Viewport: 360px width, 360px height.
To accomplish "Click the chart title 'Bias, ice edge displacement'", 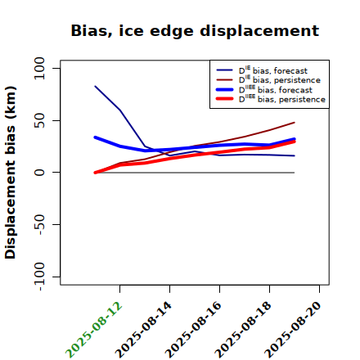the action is pyautogui.click(x=195, y=31).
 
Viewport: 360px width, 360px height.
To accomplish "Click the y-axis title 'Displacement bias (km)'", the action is pyautogui.click(x=11, y=173).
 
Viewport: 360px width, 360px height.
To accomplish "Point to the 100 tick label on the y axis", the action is pyautogui.click(x=39, y=68).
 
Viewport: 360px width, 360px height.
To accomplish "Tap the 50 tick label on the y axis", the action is pyautogui.click(x=39, y=120).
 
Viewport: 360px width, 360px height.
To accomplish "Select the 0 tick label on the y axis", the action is pyautogui.click(x=39, y=173).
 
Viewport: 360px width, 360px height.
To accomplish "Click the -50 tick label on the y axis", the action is pyautogui.click(x=39, y=224).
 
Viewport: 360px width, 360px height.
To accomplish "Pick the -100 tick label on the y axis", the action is pyautogui.click(x=39, y=277).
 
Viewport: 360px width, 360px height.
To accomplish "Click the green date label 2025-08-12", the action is pyautogui.click(x=94, y=330).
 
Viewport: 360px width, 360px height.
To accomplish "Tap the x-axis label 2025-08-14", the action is pyautogui.click(x=143, y=330).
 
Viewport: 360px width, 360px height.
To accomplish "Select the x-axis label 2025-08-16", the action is pyautogui.click(x=193, y=330).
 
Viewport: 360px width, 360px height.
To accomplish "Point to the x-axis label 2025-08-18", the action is pyautogui.click(x=243, y=330).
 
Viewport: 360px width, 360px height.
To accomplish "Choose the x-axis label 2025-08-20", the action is pyautogui.click(x=293, y=330).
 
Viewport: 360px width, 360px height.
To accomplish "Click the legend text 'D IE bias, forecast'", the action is pyautogui.click(x=273, y=70).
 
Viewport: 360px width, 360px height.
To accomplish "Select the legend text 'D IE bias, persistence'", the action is pyautogui.click(x=280, y=79).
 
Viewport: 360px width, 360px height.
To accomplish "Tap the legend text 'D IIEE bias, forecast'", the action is pyautogui.click(x=276, y=89).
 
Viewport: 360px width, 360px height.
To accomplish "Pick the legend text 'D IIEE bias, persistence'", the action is pyautogui.click(x=282, y=99).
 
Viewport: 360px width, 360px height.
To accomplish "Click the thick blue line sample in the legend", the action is pyautogui.click(x=225, y=89).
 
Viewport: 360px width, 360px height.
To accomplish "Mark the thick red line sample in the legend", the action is pyautogui.click(x=225, y=99).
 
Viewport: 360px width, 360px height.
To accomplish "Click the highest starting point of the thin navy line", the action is pyautogui.click(x=95, y=86).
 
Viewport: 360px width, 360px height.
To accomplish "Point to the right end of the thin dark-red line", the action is pyautogui.click(x=295, y=123).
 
